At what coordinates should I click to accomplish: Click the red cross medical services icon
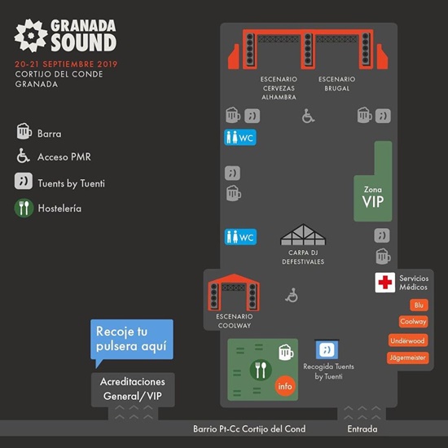click(x=384, y=283)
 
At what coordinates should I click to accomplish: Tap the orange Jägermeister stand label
click(x=408, y=358)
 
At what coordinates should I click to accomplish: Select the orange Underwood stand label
click(x=408, y=340)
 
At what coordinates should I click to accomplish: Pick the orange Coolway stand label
click(x=413, y=322)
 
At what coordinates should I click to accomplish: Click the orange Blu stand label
click(x=419, y=305)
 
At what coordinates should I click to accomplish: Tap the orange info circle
click(x=285, y=386)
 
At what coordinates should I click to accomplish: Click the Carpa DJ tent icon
click(x=303, y=235)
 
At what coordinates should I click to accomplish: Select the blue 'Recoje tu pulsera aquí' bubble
click(x=132, y=339)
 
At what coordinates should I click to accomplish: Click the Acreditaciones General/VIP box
click(x=133, y=389)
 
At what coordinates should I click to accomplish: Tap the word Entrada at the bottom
click(x=362, y=428)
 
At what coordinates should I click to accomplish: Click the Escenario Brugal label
click(x=337, y=84)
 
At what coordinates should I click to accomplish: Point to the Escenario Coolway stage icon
click(x=234, y=292)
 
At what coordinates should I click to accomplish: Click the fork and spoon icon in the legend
click(x=24, y=208)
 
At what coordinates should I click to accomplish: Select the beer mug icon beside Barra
click(x=24, y=131)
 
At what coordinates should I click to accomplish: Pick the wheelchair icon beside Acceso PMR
click(x=23, y=156)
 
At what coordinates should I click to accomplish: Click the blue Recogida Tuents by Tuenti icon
click(x=327, y=349)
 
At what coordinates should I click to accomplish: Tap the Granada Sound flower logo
click(x=31, y=35)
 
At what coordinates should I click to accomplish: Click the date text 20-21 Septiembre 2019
click(x=66, y=64)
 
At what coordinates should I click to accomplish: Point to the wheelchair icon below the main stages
click(x=308, y=116)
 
